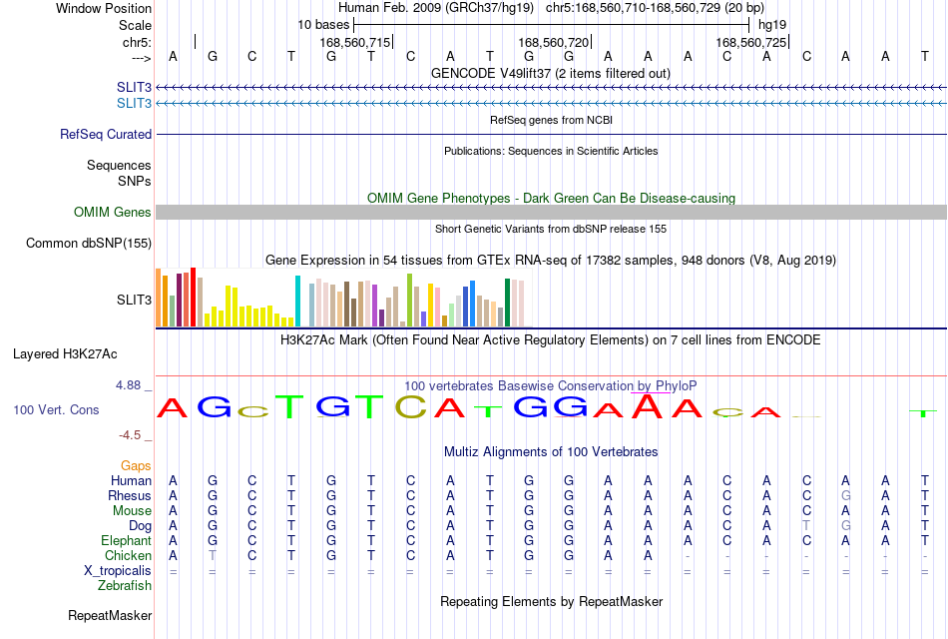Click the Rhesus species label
(x=130, y=495)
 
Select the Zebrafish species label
(x=125, y=585)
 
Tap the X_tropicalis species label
(x=118, y=571)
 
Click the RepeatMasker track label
(x=110, y=615)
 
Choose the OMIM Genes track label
(x=113, y=212)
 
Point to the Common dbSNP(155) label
(x=89, y=243)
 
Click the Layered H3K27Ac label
(x=65, y=354)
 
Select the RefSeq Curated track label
(x=106, y=135)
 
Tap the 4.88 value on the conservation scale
(x=128, y=384)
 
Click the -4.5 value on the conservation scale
(x=130, y=435)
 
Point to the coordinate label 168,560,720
(x=553, y=42)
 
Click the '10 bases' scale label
(x=323, y=25)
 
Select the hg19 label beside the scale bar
(x=772, y=25)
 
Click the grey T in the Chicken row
(x=213, y=555)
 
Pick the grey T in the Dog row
(x=806, y=525)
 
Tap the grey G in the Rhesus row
(x=845, y=495)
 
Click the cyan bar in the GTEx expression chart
(x=297, y=301)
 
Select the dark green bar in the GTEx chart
(x=507, y=303)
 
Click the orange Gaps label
(x=136, y=465)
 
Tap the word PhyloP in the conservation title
(x=676, y=385)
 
